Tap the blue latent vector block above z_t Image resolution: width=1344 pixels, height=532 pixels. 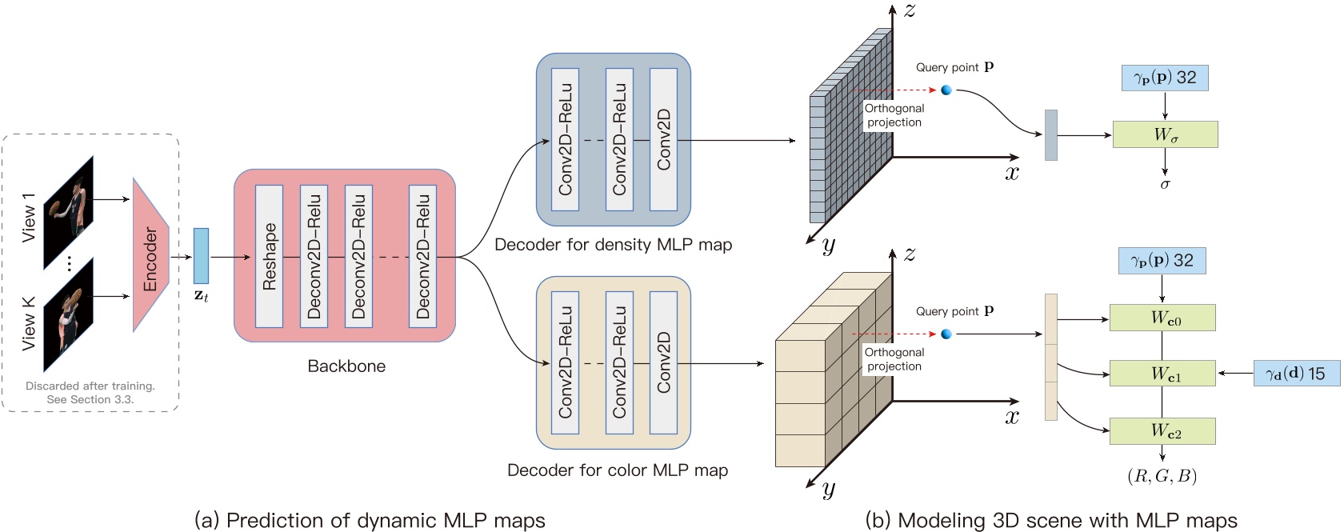point(201,256)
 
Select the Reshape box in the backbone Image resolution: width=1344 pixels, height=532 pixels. point(269,256)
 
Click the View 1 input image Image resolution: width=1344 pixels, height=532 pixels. point(69,211)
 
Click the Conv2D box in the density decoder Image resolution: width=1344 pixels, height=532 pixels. point(663,140)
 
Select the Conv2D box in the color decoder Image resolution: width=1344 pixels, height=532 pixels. point(663,363)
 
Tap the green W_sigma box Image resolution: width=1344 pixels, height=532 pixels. point(1165,134)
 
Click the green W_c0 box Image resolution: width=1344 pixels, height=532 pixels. point(1162,318)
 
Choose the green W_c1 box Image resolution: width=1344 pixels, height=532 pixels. point(1162,373)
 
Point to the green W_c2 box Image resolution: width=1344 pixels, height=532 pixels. point(1162,431)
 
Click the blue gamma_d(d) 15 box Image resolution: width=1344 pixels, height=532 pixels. point(1296,374)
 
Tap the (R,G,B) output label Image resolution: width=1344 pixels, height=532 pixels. point(1162,477)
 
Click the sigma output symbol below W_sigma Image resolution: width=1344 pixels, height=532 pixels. point(1165,185)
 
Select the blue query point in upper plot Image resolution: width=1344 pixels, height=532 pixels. point(946,90)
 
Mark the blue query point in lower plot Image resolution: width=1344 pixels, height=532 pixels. point(946,334)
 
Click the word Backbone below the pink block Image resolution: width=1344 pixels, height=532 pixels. point(346,366)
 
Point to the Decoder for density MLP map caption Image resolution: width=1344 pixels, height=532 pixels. point(613,245)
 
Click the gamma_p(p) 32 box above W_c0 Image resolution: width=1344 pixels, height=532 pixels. point(1162,261)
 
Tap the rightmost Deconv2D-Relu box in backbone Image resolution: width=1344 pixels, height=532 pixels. point(423,256)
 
